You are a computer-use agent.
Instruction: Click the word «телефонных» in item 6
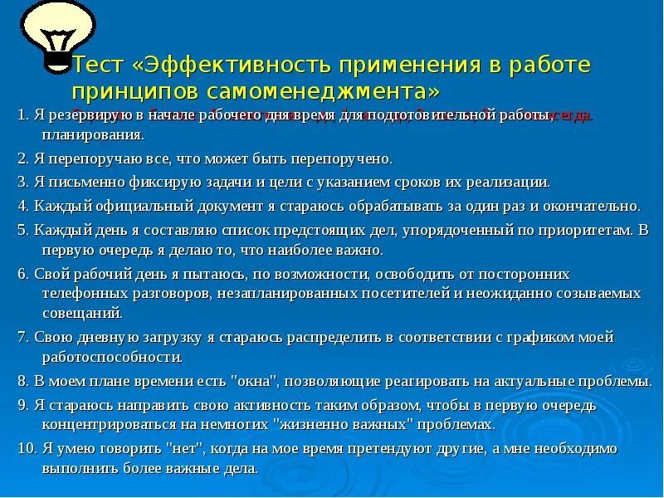pos(76,292)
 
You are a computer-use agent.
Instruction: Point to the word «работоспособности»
pos(112,358)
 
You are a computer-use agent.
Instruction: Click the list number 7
pos(22,337)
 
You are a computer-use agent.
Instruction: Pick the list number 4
pos(22,206)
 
